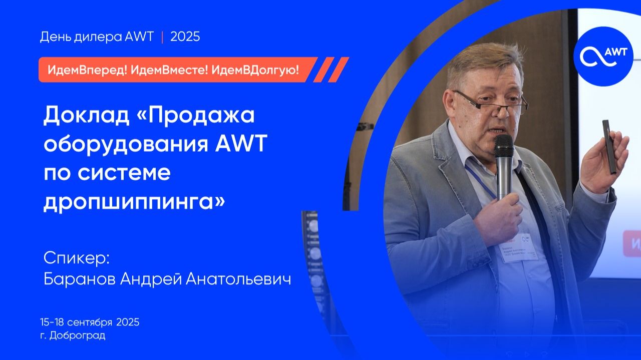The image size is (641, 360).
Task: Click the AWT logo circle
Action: click(603, 56)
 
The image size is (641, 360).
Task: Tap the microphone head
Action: click(503, 146)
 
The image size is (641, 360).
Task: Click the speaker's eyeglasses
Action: click(493, 102)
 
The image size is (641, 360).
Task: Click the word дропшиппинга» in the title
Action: click(135, 202)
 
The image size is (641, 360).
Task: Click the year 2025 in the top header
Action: click(185, 37)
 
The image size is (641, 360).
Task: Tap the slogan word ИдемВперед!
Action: click(87, 70)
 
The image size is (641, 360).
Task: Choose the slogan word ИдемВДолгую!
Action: click(255, 70)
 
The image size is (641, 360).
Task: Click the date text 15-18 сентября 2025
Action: click(90, 322)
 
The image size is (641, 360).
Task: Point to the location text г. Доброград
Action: click(73, 335)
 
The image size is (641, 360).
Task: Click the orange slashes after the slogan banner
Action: click(331, 70)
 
